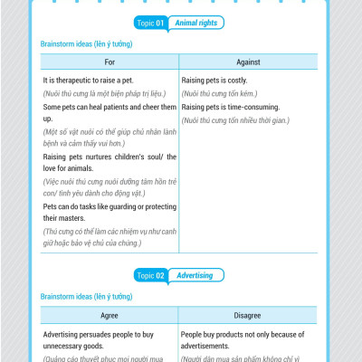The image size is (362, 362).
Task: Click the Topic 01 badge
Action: coord(154,23)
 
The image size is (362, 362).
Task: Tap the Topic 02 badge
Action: coord(154,274)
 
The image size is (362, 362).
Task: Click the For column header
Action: coord(110,62)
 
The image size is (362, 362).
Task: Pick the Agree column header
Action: coord(110,319)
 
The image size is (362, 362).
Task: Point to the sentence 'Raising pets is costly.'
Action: coord(215,80)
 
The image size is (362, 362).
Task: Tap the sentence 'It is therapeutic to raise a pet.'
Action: coord(95,80)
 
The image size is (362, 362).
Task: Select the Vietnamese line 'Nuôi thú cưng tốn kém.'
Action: coord(219,93)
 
